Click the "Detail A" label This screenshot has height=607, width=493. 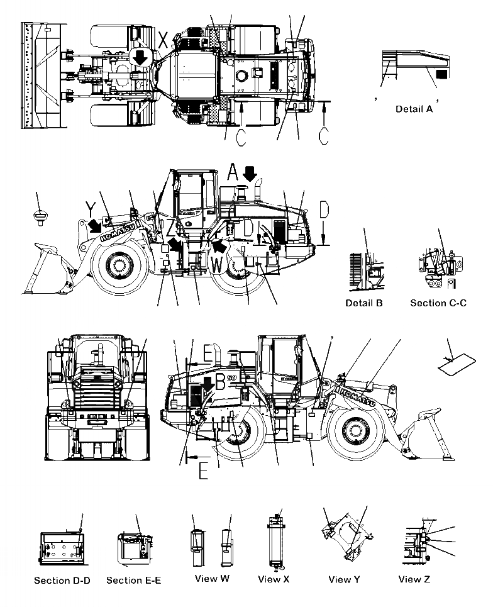414,109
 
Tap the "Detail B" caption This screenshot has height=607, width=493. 364,303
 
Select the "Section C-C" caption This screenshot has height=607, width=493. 438,303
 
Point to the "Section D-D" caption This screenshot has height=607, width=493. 62,580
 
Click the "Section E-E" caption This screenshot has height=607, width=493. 133,580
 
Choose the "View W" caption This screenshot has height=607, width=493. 211,579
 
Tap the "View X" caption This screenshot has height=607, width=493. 274,579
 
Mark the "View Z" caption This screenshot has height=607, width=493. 414,579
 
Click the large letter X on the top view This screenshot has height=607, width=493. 163,40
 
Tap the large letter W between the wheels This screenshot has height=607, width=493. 216,265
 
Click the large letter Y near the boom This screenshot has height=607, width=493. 91,208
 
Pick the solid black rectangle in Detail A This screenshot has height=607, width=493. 441,74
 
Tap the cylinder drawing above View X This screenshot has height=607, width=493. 274,544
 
